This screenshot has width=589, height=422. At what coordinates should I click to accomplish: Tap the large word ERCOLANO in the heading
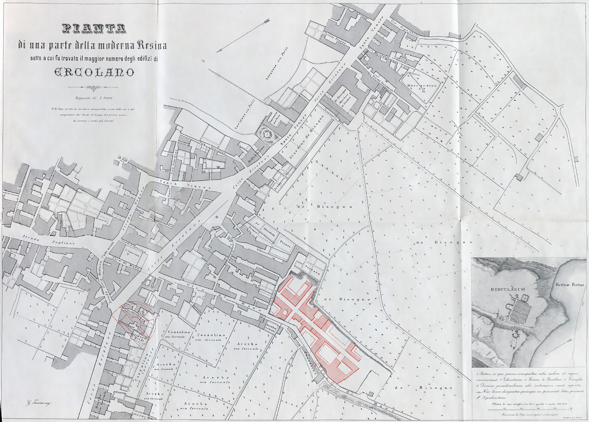[x=94, y=72]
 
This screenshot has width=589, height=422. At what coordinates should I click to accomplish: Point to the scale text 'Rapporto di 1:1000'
[x=94, y=98]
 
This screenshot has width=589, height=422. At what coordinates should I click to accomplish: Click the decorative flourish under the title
[x=93, y=87]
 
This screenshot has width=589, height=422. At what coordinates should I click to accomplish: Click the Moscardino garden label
[x=421, y=86]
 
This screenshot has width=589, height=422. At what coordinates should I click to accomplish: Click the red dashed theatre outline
[x=134, y=321]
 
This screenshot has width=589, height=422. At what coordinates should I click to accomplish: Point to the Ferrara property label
[x=312, y=271]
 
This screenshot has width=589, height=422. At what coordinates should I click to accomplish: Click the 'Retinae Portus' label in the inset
[x=570, y=285]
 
